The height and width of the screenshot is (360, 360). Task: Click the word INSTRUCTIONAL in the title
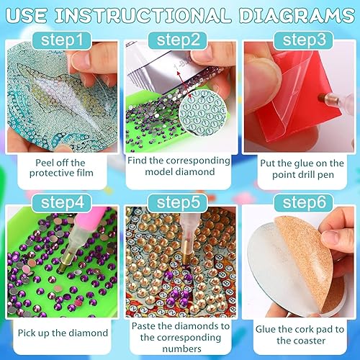pyautogui.click(x=163, y=14)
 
